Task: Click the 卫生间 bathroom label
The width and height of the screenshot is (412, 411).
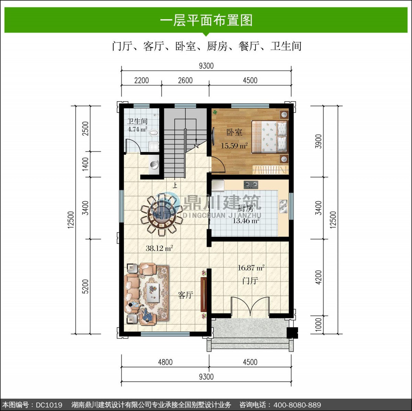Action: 137,121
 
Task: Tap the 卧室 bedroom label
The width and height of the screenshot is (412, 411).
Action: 234,133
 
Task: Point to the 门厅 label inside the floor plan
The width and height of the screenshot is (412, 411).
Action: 250,281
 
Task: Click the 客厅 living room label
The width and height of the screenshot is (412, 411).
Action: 185,295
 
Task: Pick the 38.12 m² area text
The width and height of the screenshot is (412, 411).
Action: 159,248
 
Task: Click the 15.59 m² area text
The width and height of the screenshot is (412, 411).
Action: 234,146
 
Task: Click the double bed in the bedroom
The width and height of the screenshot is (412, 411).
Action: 270,137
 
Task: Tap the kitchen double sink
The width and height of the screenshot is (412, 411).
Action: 283,207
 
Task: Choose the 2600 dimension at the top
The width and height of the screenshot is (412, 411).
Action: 185,80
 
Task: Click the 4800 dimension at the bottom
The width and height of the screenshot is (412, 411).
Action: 165,362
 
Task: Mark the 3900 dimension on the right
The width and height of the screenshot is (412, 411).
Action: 319,141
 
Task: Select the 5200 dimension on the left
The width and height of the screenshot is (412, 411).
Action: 85,286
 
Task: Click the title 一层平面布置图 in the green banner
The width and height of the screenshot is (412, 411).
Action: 206,21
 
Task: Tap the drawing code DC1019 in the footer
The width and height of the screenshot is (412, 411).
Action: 49,405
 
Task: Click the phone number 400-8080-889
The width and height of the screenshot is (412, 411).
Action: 297,405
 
